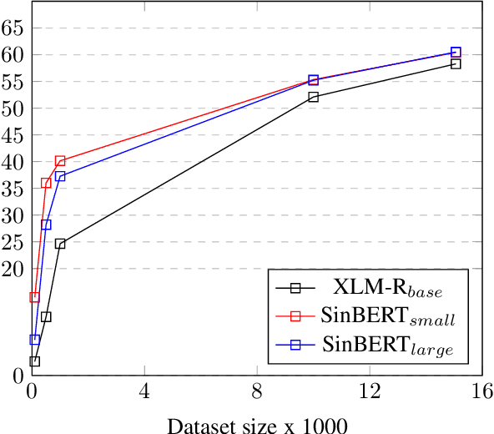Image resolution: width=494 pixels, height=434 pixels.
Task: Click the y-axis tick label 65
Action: pyautogui.click(x=12, y=28)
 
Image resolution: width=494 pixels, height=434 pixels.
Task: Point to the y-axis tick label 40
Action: pyautogui.click(x=12, y=162)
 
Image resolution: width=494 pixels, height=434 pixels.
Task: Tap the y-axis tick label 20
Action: pyautogui.click(x=12, y=269)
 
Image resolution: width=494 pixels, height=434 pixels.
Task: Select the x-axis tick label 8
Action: pyautogui.click(x=257, y=391)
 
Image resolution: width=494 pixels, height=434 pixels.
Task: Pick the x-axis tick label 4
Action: pyautogui.click(x=144, y=391)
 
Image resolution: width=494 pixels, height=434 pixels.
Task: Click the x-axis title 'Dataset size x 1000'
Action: pyautogui.click(x=256, y=426)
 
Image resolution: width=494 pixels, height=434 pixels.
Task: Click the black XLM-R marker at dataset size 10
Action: pyautogui.click(x=313, y=97)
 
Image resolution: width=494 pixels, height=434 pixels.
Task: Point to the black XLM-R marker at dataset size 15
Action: pyautogui.click(x=456, y=63)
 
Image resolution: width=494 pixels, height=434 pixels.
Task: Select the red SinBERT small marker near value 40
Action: pyautogui.click(x=60, y=161)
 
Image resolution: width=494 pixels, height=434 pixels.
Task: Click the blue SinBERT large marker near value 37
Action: pyautogui.click(x=60, y=176)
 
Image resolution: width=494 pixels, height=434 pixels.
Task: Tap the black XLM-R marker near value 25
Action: pyautogui.click(x=60, y=244)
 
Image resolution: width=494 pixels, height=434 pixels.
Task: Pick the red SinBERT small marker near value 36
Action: pyautogui.click(x=46, y=183)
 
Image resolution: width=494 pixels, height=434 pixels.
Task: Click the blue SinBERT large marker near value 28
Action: pyautogui.click(x=46, y=225)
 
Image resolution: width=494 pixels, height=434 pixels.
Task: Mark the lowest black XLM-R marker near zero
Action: pyautogui.click(x=34, y=361)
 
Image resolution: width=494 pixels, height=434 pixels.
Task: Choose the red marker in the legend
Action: pyautogui.click(x=295, y=316)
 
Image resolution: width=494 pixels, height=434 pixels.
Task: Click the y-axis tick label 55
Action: pyautogui.click(x=12, y=82)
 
